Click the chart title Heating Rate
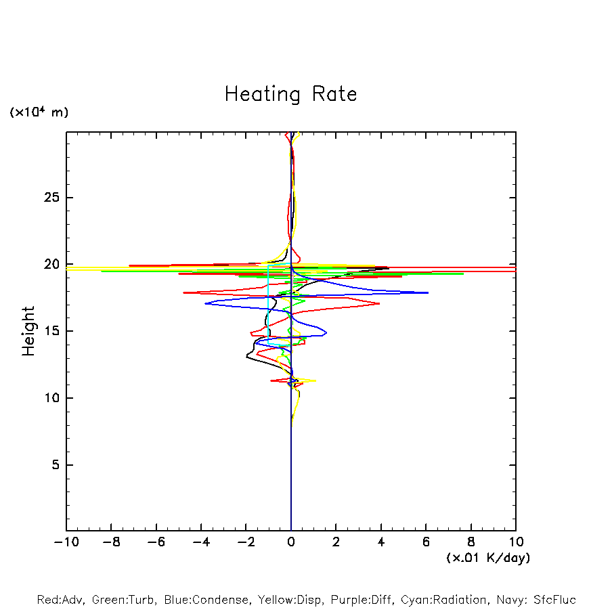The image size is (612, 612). [x=290, y=94]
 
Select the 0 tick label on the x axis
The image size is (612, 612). [x=291, y=542]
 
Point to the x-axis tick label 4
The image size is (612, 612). [x=381, y=542]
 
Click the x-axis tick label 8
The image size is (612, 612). [x=471, y=542]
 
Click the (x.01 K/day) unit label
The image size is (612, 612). [x=488, y=558]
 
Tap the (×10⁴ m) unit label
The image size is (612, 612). [x=39, y=112]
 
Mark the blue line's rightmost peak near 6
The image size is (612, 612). [x=428, y=292]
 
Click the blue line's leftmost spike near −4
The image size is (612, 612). [x=205, y=303]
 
